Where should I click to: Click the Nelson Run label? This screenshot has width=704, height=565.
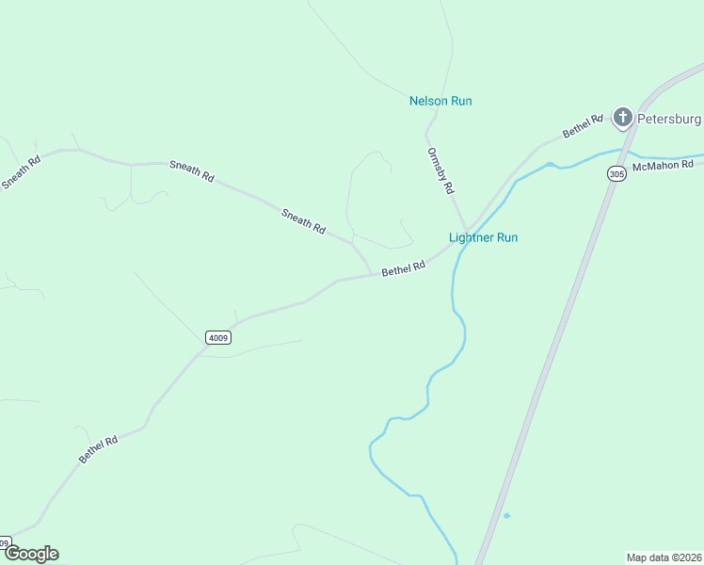440,101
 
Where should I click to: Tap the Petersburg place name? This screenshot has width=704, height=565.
669,119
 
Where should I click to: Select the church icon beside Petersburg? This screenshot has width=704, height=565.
622,118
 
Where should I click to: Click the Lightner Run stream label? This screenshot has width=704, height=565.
484,237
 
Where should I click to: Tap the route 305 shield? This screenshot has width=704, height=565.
616,174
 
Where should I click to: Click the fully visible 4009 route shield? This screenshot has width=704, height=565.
217,337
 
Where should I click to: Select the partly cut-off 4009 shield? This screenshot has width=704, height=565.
5,542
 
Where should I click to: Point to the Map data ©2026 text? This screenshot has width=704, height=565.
664,557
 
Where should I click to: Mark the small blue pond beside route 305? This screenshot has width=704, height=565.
506,515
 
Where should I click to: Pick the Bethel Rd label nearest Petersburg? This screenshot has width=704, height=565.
583,126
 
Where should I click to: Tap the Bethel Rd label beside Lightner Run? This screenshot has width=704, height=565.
404,268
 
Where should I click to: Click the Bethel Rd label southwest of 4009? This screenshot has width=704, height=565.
99,448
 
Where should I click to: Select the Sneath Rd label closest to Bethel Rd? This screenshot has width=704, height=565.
303,221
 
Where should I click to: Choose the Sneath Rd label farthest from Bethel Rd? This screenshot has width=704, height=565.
22,171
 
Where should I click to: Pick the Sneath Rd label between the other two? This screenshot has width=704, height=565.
192,170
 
